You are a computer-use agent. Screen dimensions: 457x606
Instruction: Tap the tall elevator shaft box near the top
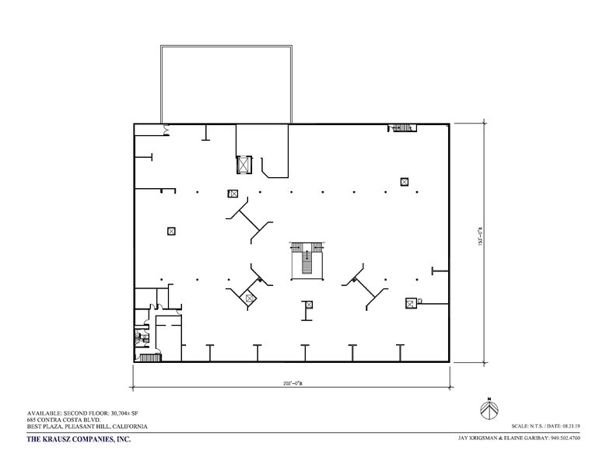coord(244,165)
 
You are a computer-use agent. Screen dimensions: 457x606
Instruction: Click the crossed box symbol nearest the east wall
coord(410,302)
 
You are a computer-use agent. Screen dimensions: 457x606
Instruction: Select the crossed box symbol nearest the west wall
coord(171,230)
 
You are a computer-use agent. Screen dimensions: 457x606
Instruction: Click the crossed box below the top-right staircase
coord(405,182)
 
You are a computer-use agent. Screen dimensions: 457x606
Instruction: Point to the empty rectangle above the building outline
coord(226,84)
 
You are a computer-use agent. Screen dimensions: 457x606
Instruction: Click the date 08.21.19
coord(584,427)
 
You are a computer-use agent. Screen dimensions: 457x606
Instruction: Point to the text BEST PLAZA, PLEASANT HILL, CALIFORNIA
coord(75,427)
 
